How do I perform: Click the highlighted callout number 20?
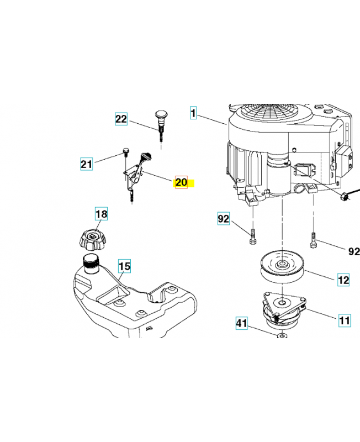181,182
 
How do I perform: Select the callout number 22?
121,119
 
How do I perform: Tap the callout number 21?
87,164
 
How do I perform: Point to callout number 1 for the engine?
193,113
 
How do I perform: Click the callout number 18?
102,214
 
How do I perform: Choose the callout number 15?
124,266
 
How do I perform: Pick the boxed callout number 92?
224,218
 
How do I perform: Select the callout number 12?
343,280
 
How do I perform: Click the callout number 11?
345,320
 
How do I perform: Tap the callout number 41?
242,323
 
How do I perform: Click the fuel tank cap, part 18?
92,239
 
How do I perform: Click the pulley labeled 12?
283,267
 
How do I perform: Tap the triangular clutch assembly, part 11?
283,309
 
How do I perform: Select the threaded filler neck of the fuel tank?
91,264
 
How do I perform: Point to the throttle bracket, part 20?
133,177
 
